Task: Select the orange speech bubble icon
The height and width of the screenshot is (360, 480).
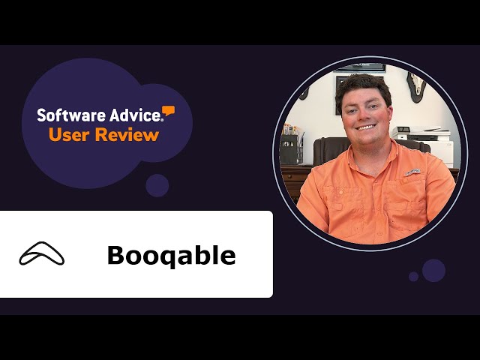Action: tap(169, 111)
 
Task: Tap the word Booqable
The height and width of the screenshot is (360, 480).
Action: tap(171, 256)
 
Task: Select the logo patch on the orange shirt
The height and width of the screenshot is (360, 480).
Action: tap(411, 173)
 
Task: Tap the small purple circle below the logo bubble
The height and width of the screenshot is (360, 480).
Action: tap(157, 185)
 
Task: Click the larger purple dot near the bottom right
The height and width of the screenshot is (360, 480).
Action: tap(433, 270)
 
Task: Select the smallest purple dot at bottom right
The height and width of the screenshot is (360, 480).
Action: tap(414, 277)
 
